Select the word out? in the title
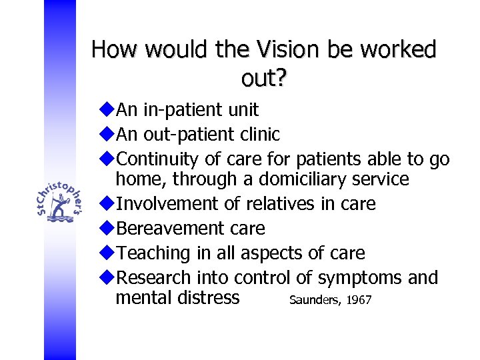pos(264,79)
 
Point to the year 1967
pos(359,301)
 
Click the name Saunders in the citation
pos(315,301)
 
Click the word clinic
pos(259,134)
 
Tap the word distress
pos(207,297)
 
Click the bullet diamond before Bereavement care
pos(109,228)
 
